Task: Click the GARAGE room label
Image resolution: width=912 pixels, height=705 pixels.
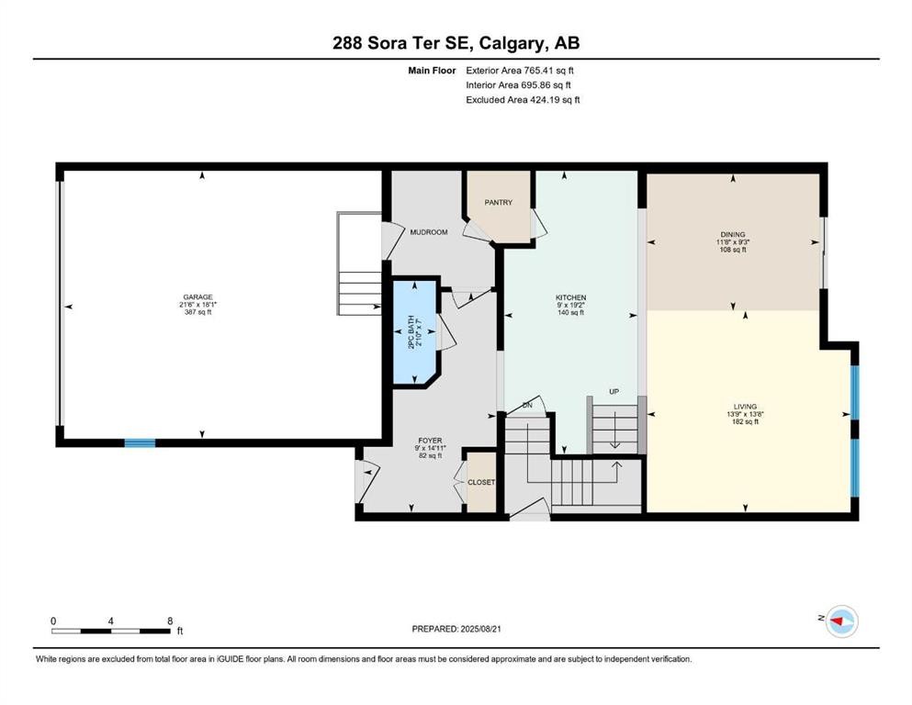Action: [197, 297]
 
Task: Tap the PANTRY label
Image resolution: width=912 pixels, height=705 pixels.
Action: [498, 203]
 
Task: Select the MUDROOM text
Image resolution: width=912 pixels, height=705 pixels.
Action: [428, 232]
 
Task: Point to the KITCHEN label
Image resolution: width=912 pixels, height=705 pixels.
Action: [569, 297]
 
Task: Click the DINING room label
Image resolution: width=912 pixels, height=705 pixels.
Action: [732, 234]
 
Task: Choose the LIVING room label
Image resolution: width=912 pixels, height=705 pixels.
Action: [744, 406]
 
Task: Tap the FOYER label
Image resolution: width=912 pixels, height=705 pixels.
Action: [430, 441]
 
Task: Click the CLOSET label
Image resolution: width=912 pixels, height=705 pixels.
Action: [481, 482]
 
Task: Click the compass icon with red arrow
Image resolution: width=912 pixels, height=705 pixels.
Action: [839, 623]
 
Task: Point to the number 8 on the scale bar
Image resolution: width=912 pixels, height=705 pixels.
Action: [170, 621]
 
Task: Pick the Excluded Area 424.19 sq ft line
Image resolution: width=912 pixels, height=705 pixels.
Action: [523, 99]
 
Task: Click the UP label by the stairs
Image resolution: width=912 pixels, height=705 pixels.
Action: [614, 392]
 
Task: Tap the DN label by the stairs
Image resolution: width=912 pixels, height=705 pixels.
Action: [527, 405]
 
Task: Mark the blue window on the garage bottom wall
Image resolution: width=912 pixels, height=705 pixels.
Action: [140, 442]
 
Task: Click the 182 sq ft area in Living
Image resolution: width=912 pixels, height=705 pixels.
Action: [744, 421]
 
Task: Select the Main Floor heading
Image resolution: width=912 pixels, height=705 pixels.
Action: [433, 70]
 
